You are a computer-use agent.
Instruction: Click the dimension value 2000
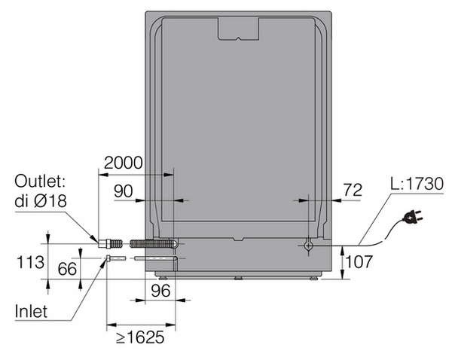point(123,163)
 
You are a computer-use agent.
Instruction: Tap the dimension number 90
point(124,191)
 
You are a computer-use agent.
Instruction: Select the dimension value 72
point(353,190)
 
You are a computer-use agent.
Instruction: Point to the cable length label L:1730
point(417,184)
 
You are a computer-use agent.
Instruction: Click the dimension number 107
point(359,261)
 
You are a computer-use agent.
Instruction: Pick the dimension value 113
point(30,262)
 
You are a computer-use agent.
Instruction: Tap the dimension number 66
point(67,269)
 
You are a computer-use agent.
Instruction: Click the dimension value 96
point(161,291)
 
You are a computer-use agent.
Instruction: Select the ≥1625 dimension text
point(140,337)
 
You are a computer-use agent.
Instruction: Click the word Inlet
point(31,312)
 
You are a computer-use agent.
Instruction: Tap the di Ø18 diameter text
point(41,201)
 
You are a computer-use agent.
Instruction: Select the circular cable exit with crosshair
point(308,246)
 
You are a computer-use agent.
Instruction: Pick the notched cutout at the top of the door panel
point(238,29)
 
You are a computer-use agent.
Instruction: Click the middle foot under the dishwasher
point(238,278)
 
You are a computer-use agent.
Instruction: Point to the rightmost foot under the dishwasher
point(314,278)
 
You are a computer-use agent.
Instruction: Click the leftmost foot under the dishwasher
point(162,278)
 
